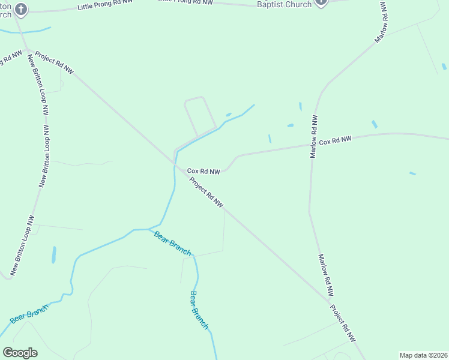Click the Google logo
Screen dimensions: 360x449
tap(20, 353)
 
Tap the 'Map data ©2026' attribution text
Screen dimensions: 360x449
tap(423, 355)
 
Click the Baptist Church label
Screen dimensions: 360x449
tap(285, 4)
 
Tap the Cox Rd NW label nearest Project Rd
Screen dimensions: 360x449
tap(203, 172)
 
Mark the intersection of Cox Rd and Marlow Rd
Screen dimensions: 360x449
tap(312, 144)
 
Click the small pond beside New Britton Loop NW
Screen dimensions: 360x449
tap(54, 254)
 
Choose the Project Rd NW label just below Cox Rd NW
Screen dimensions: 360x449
tap(206, 192)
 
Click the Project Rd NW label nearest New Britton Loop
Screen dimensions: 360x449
tap(54, 62)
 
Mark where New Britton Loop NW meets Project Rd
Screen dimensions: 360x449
tap(27, 50)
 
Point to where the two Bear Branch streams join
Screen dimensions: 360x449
tap(148, 229)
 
